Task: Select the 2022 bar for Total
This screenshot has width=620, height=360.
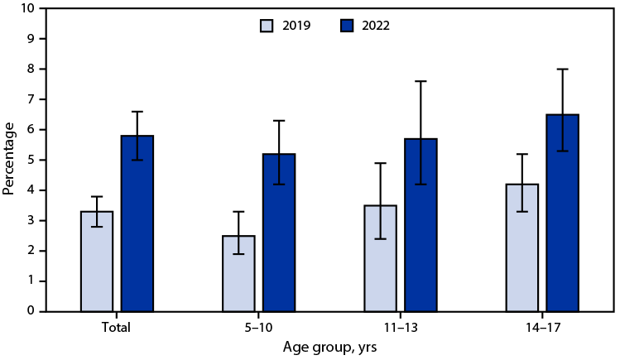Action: point(137,223)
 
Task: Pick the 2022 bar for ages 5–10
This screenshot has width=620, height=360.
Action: point(279,233)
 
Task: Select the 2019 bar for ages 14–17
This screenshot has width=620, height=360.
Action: point(521,247)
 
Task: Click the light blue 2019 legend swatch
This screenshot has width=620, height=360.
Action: point(267,26)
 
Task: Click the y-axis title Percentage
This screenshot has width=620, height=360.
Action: point(10,159)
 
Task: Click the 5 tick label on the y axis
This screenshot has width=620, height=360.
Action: point(31,160)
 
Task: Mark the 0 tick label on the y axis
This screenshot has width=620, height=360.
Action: point(31,311)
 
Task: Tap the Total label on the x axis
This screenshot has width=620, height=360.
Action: point(117,328)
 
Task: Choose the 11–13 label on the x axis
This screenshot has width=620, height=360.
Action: point(400,328)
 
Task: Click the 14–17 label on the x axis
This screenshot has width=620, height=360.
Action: point(541,328)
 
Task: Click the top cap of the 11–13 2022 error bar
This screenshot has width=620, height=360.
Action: point(421,81)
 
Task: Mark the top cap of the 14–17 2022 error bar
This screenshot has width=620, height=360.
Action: point(562,69)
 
